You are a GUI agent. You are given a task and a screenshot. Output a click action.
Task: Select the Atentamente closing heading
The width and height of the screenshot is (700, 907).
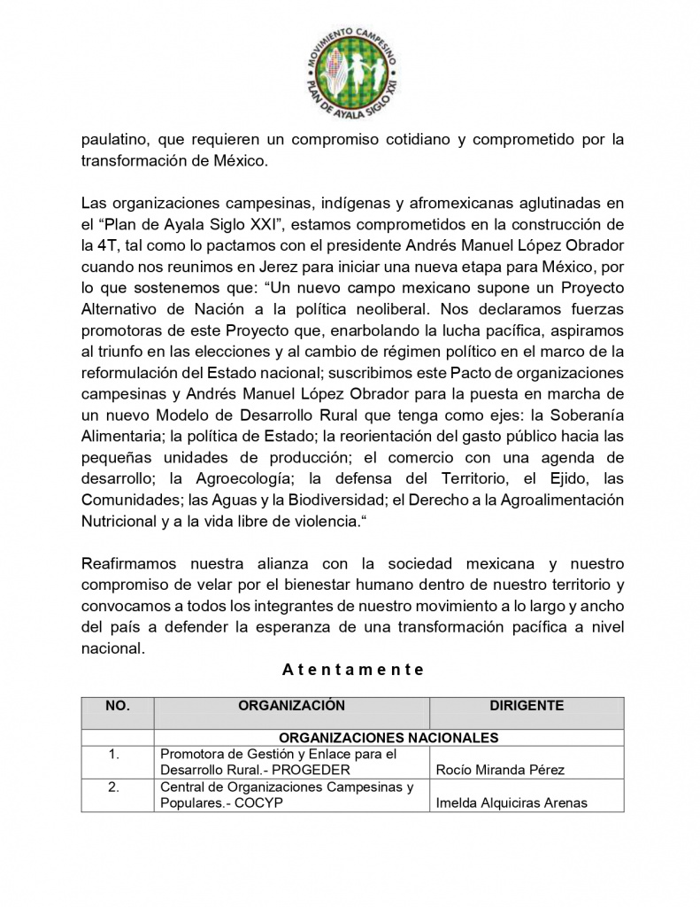pos(353,670)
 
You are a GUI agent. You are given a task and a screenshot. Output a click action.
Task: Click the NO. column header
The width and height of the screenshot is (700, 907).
pos(118,706)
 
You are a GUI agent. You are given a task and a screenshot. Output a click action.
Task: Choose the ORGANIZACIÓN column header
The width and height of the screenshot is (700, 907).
pos(291,706)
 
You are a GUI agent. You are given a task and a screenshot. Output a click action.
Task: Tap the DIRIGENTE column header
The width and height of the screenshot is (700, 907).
pos(527,706)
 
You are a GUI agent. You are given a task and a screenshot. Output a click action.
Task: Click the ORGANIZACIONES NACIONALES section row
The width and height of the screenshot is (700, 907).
pos(388,737)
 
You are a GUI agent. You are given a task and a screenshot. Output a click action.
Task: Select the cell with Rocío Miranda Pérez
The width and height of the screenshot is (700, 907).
pos(500,770)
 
